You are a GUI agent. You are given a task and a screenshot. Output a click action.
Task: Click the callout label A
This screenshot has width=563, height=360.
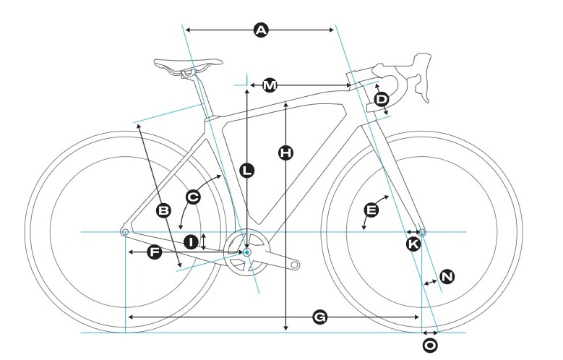point(261,30)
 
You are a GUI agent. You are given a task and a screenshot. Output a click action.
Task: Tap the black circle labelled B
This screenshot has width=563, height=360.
point(164,210)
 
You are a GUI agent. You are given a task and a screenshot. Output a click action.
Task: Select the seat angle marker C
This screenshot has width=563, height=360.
point(193,197)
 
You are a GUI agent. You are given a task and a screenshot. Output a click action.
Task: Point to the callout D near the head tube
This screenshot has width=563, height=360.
point(382,99)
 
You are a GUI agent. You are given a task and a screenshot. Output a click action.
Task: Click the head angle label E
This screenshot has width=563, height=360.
point(371,210)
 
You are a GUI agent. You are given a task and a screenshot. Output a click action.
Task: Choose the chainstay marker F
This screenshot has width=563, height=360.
point(155,252)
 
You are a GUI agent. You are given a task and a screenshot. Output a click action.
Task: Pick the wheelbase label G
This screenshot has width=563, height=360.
point(319,317)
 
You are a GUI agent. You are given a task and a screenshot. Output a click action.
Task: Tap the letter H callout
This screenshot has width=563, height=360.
point(285,153)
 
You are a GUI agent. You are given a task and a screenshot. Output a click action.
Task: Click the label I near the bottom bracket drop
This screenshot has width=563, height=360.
point(191,241)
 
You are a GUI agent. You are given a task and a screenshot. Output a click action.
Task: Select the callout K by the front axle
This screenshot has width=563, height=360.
point(413,244)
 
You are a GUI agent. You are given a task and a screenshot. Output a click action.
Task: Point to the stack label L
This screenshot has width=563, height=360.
point(246,171)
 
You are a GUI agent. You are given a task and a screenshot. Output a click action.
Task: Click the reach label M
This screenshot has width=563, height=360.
point(270,85)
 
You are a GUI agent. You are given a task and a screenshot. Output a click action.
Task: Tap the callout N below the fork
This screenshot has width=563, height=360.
point(447,277)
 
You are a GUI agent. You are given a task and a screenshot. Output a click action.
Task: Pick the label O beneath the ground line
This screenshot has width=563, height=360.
point(430,346)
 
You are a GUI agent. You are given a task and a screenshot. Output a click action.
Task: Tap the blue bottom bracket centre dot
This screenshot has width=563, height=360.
point(246,252)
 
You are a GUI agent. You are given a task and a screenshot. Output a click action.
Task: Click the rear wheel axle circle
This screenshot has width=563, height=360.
point(125,232)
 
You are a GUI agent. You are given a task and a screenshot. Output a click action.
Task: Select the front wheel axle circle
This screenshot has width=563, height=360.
point(422,232)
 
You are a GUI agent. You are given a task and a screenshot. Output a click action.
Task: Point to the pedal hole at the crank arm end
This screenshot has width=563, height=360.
point(294,265)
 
